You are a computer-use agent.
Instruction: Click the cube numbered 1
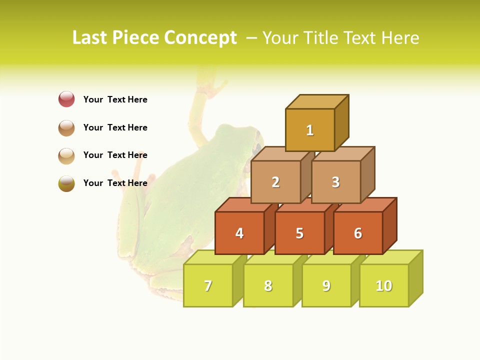click(310, 130)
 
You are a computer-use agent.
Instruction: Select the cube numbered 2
click(275, 182)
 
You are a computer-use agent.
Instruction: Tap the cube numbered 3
click(335, 182)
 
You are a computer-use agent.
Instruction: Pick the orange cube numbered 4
click(239, 233)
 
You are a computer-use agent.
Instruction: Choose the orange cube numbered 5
click(299, 233)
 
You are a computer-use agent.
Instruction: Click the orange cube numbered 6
click(358, 233)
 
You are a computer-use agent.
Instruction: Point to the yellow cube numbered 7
click(208, 285)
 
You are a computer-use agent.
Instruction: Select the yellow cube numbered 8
click(268, 285)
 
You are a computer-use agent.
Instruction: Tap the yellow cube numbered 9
click(326, 285)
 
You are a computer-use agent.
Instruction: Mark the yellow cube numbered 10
click(384, 285)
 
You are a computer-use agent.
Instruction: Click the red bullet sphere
click(66, 99)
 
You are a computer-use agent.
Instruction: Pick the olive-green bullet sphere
click(66, 183)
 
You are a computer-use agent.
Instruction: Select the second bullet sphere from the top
click(66, 127)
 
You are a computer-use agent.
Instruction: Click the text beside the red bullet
click(115, 99)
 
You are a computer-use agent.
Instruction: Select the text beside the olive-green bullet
click(115, 183)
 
